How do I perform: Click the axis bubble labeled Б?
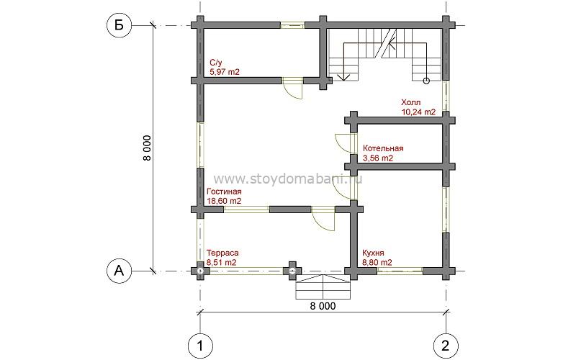pos(119,25)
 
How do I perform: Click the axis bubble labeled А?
pos(119,271)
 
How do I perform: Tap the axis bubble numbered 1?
pos(200,346)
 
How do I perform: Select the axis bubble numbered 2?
pos(446,346)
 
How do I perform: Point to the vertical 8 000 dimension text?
pos(147,148)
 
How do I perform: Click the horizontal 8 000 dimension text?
pos(323,306)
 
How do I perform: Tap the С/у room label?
pos(215,63)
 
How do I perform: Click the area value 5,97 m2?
pos(224,72)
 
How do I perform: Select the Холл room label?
pos(411,102)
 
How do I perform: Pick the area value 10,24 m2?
pos(418,112)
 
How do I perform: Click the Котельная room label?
pos(383,148)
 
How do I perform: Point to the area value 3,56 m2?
pos(378,158)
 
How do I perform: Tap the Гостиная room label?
pos(224,192)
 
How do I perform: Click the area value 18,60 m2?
pos(224,202)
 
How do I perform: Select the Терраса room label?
pos(222,253)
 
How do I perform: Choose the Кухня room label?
pos(373,253)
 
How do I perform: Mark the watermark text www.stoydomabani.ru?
pos(288,179)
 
